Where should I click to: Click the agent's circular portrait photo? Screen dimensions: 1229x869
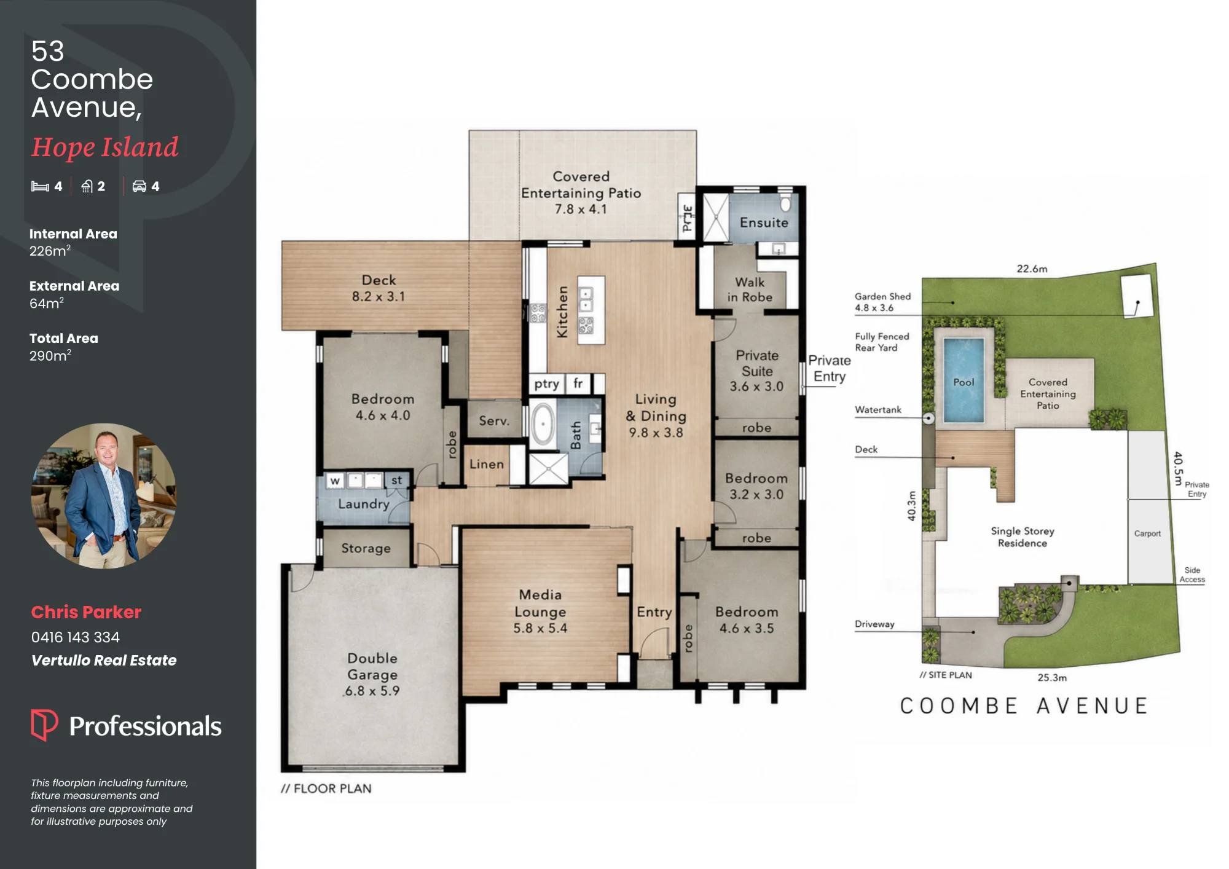coord(104,495)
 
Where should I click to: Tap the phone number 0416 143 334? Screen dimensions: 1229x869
coord(76,637)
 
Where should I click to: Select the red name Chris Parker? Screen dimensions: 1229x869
coord(86,612)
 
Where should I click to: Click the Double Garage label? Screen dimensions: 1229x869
coord(372,666)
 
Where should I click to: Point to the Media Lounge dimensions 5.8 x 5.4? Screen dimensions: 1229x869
coord(540,628)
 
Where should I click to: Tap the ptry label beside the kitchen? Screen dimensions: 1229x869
coord(546,384)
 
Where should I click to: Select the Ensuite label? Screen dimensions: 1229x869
coord(764,222)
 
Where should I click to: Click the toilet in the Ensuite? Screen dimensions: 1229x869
coord(785,203)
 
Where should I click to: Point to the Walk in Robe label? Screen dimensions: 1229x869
coord(750,289)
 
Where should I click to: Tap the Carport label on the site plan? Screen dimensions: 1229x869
coord(1147,533)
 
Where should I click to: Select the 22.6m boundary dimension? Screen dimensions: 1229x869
coord(1032,269)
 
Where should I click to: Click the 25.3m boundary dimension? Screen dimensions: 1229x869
coord(1052,677)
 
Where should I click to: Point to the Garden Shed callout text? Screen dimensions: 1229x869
coord(882,302)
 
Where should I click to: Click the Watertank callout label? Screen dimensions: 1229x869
coord(878,409)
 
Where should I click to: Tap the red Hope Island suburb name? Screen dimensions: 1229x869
coord(104,147)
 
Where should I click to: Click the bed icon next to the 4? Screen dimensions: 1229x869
coord(40,186)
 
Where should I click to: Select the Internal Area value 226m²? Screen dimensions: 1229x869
coord(50,250)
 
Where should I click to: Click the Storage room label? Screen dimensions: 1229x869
coord(366,548)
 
